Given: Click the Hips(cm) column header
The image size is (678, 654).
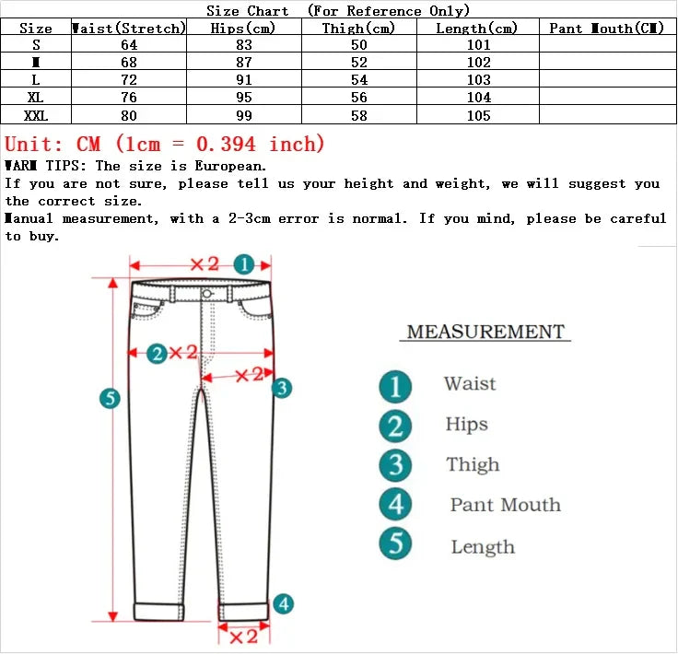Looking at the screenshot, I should click(x=243, y=29).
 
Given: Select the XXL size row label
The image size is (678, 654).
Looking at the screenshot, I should click(x=36, y=115).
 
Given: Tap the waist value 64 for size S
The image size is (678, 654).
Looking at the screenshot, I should click(x=129, y=45).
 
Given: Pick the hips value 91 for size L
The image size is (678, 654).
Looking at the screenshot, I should click(x=243, y=80).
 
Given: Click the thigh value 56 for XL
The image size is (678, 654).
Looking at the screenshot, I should click(x=359, y=98).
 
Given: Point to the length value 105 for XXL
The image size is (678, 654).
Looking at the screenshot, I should click(x=477, y=115).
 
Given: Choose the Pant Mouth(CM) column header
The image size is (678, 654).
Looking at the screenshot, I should click(x=607, y=29).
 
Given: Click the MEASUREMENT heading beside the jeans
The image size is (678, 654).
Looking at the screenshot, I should click(x=485, y=332).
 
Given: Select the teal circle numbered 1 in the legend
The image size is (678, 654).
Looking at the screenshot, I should click(x=395, y=386).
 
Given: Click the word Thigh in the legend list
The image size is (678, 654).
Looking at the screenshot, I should click(x=473, y=465).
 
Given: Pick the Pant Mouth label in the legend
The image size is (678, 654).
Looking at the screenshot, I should click(x=505, y=505).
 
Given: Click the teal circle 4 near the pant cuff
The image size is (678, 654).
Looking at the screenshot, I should click(x=284, y=604).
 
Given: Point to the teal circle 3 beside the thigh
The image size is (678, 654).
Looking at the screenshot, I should click(x=281, y=388).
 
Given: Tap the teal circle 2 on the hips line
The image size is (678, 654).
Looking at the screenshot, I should click(x=157, y=353).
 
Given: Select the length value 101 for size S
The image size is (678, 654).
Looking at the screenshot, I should click(x=477, y=45).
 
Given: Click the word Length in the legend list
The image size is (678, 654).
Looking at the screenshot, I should click(x=483, y=547).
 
